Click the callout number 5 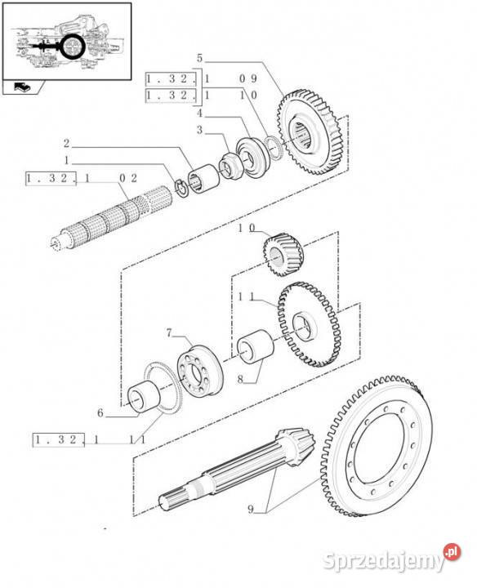point(198,58)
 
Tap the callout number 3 point(198,130)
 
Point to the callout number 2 point(66,143)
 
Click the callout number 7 point(169,332)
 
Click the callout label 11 point(245,300)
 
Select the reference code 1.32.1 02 point(81,178)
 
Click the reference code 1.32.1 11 point(89,440)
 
